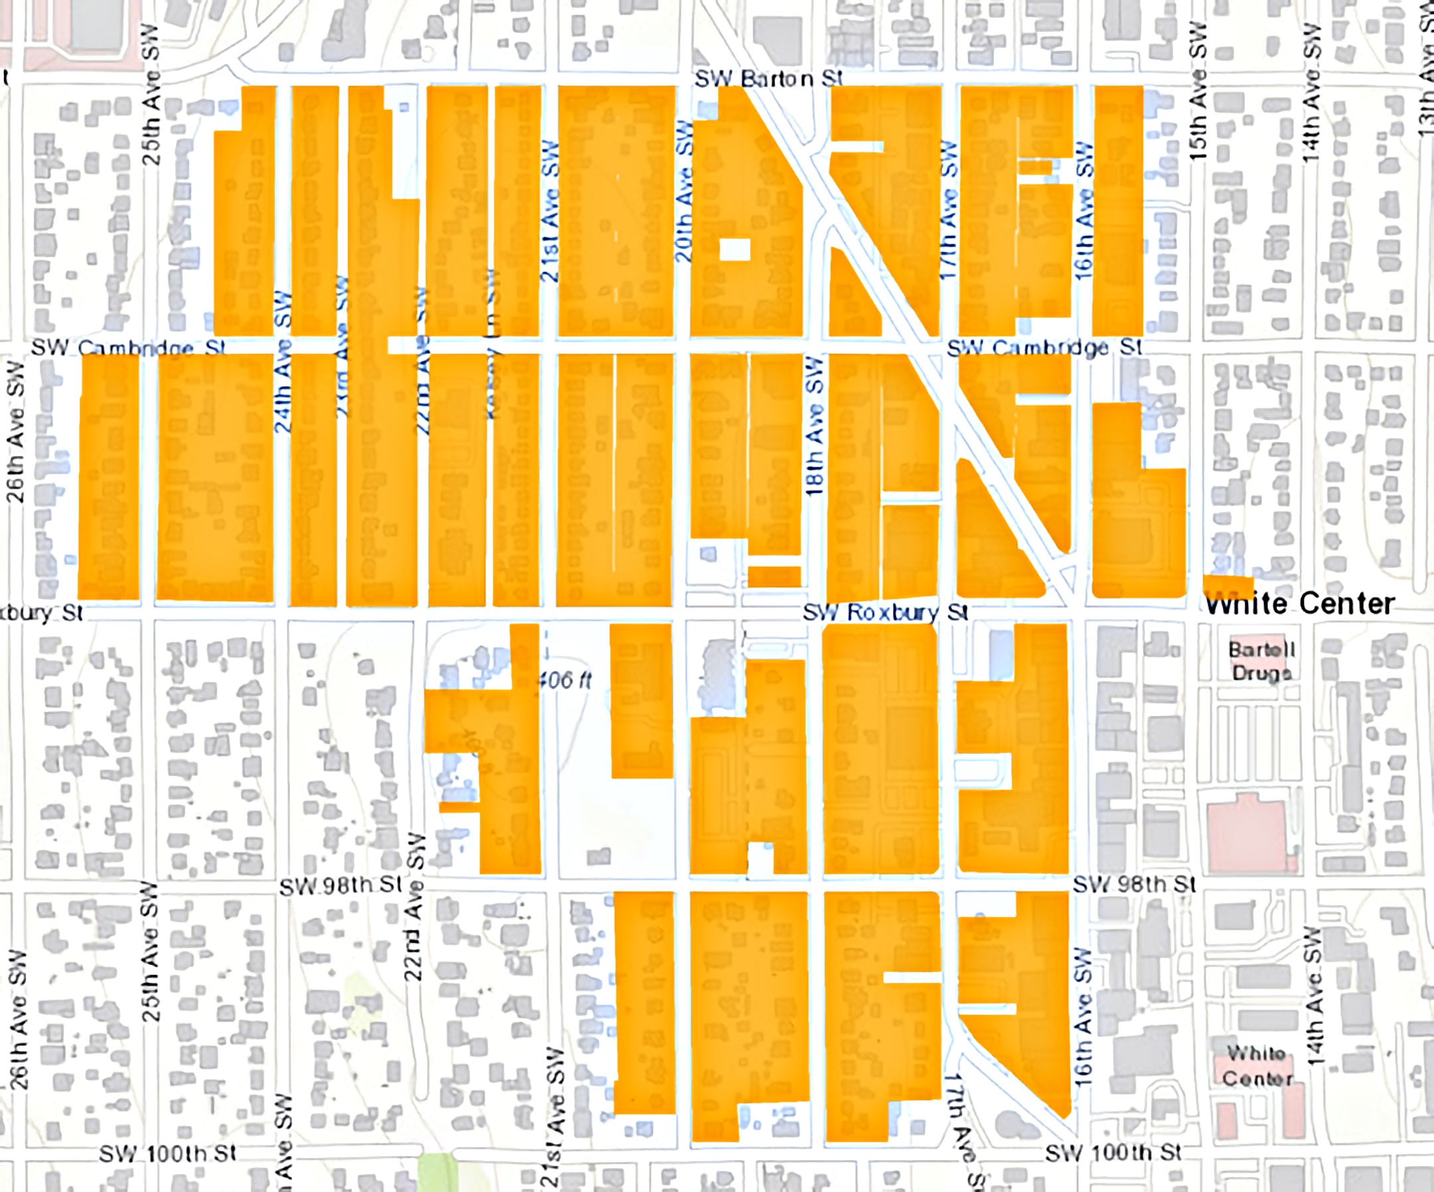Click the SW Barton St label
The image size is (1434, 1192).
tap(769, 78)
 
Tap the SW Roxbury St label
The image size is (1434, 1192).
tap(885, 612)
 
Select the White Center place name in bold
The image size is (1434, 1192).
tap(1299, 604)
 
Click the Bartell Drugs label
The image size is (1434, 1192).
tap(1261, 661)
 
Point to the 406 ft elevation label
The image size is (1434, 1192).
tap(564, 680)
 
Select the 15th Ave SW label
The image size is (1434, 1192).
tap(1198, 92)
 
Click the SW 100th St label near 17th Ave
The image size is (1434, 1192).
tap(1113, 1153)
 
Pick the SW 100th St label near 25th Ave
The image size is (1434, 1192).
tap(168, 1154)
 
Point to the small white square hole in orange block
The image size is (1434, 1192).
tap(735, 250)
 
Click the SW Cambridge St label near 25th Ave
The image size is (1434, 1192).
tap(127, 348)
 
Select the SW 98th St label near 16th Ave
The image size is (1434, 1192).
tap(1134, 885)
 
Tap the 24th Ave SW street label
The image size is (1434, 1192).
tap(283, 362)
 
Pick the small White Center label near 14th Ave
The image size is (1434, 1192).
tap(1257, 1065)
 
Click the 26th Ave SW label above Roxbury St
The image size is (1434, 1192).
tap(15, 432)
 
